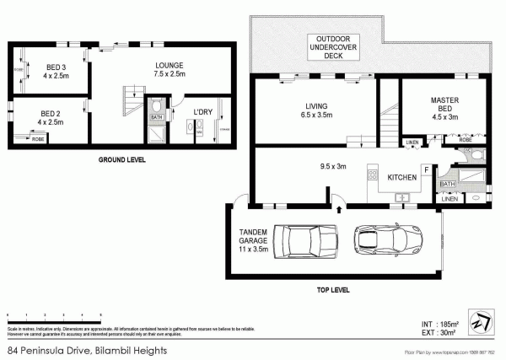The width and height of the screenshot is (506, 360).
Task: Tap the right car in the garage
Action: coord(383,239)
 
